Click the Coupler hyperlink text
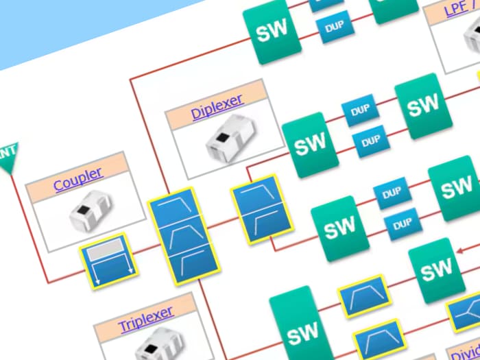[x=77, y=179]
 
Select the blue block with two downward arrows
[x=109, y=261]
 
